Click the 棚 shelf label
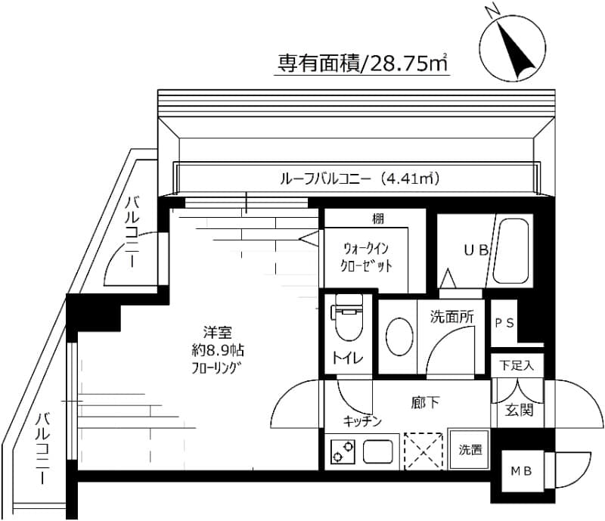[x=377, y=219]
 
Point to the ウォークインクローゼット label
[x=368, y=257]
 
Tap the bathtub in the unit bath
[x=513, y=250]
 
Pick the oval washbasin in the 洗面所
[x=396, y=333]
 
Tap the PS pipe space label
[x=504, y=323]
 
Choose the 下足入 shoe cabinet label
[x=517, y=364]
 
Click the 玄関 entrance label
[x=519, y=411]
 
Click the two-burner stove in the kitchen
[x=343, y=452]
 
